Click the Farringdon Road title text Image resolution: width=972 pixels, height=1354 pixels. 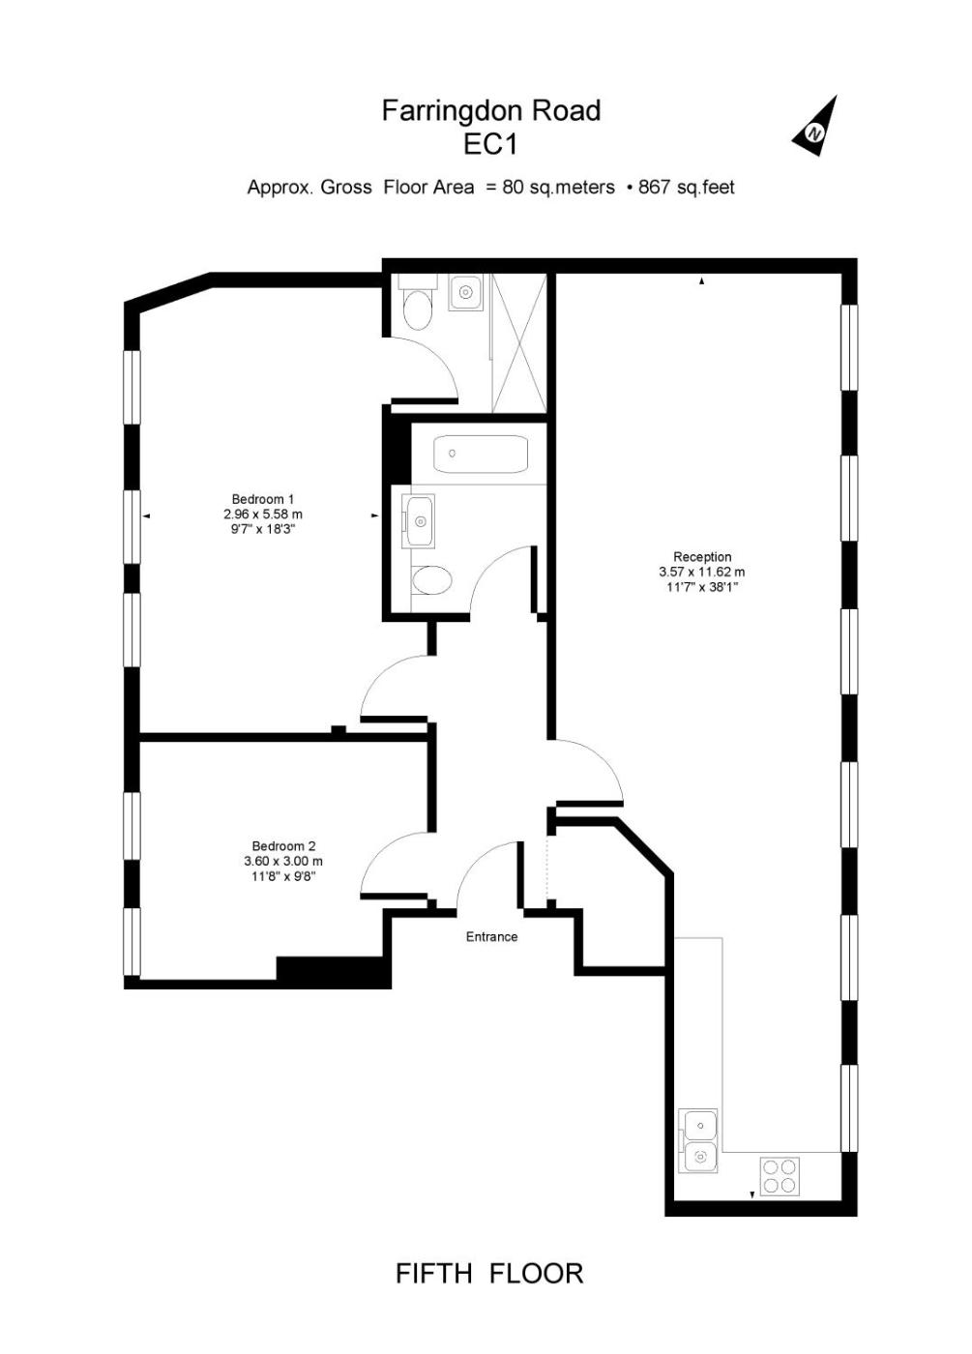(x=491, y=111)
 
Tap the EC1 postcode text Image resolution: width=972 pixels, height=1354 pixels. (x=491, y=145)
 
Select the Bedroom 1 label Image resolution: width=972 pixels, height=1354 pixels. (x=262, y=499)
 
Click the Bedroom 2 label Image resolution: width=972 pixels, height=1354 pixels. (x=283, y=846)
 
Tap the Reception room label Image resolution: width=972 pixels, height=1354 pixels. (x=702, y=557)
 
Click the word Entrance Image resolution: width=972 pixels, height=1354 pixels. (x=491, y=937)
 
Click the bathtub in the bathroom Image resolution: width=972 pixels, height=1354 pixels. (x=481, y=454)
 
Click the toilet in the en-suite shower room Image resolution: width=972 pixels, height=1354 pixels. (x=417, y=303)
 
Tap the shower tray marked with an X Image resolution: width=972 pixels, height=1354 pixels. (x=518, y=343)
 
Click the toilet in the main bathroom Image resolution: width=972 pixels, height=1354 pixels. (x=431, y=581)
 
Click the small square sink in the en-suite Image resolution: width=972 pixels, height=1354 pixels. (x=465, y=292)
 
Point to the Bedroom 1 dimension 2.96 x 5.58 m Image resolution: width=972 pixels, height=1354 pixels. (x=262, y=515)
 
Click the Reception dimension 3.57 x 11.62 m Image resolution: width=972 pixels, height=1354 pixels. (x=702, y=572)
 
